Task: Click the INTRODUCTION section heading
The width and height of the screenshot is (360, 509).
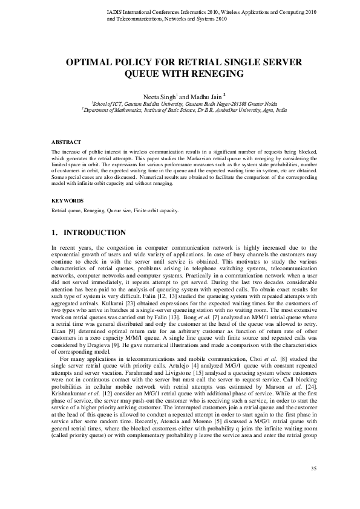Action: point(94,233)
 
